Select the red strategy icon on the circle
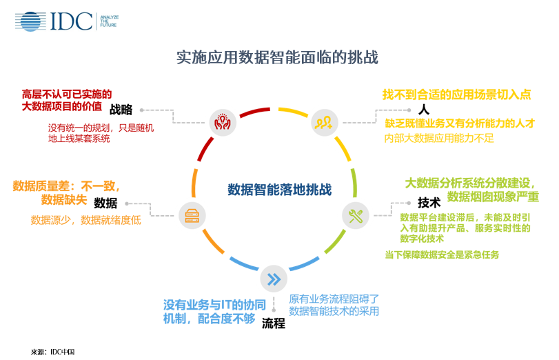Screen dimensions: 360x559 tap(222, 122)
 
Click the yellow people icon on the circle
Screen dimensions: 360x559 tap(324, 122)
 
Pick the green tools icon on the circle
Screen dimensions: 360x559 tap(356, 216)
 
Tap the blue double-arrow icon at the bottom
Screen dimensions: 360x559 tap(273, 279)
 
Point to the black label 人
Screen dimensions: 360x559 tap(424, 109)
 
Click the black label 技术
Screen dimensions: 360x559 tap(429, 203)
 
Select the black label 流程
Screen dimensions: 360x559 tap(273, 323)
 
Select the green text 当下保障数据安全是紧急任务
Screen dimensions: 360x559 tap(441, 254)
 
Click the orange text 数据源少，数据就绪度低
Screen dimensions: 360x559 tap(85, 220)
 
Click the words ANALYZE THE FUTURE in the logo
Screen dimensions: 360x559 tap(109, 21)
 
